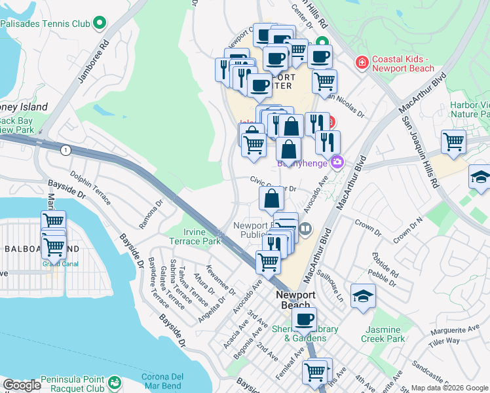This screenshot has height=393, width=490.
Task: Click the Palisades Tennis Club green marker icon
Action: coord(100,24)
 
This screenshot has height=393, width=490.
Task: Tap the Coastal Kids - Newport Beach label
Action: coord(403,64)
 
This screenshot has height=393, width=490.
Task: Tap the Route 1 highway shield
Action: coord(65,151)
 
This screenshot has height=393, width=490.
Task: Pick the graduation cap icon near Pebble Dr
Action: coord(363,295)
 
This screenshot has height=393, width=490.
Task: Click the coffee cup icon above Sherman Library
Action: coord(303,320)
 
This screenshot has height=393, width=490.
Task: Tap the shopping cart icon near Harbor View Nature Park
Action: coord(453,141)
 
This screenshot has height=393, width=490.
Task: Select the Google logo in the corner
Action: coord(22,385)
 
